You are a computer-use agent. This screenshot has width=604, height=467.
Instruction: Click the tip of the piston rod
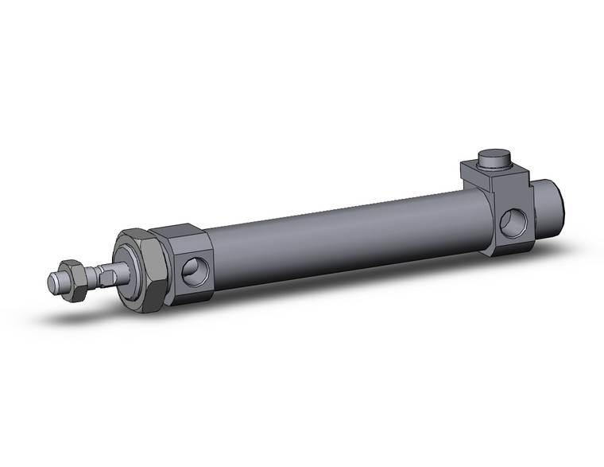[52, 281]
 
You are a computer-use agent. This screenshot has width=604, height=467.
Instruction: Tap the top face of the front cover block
[179, 231]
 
